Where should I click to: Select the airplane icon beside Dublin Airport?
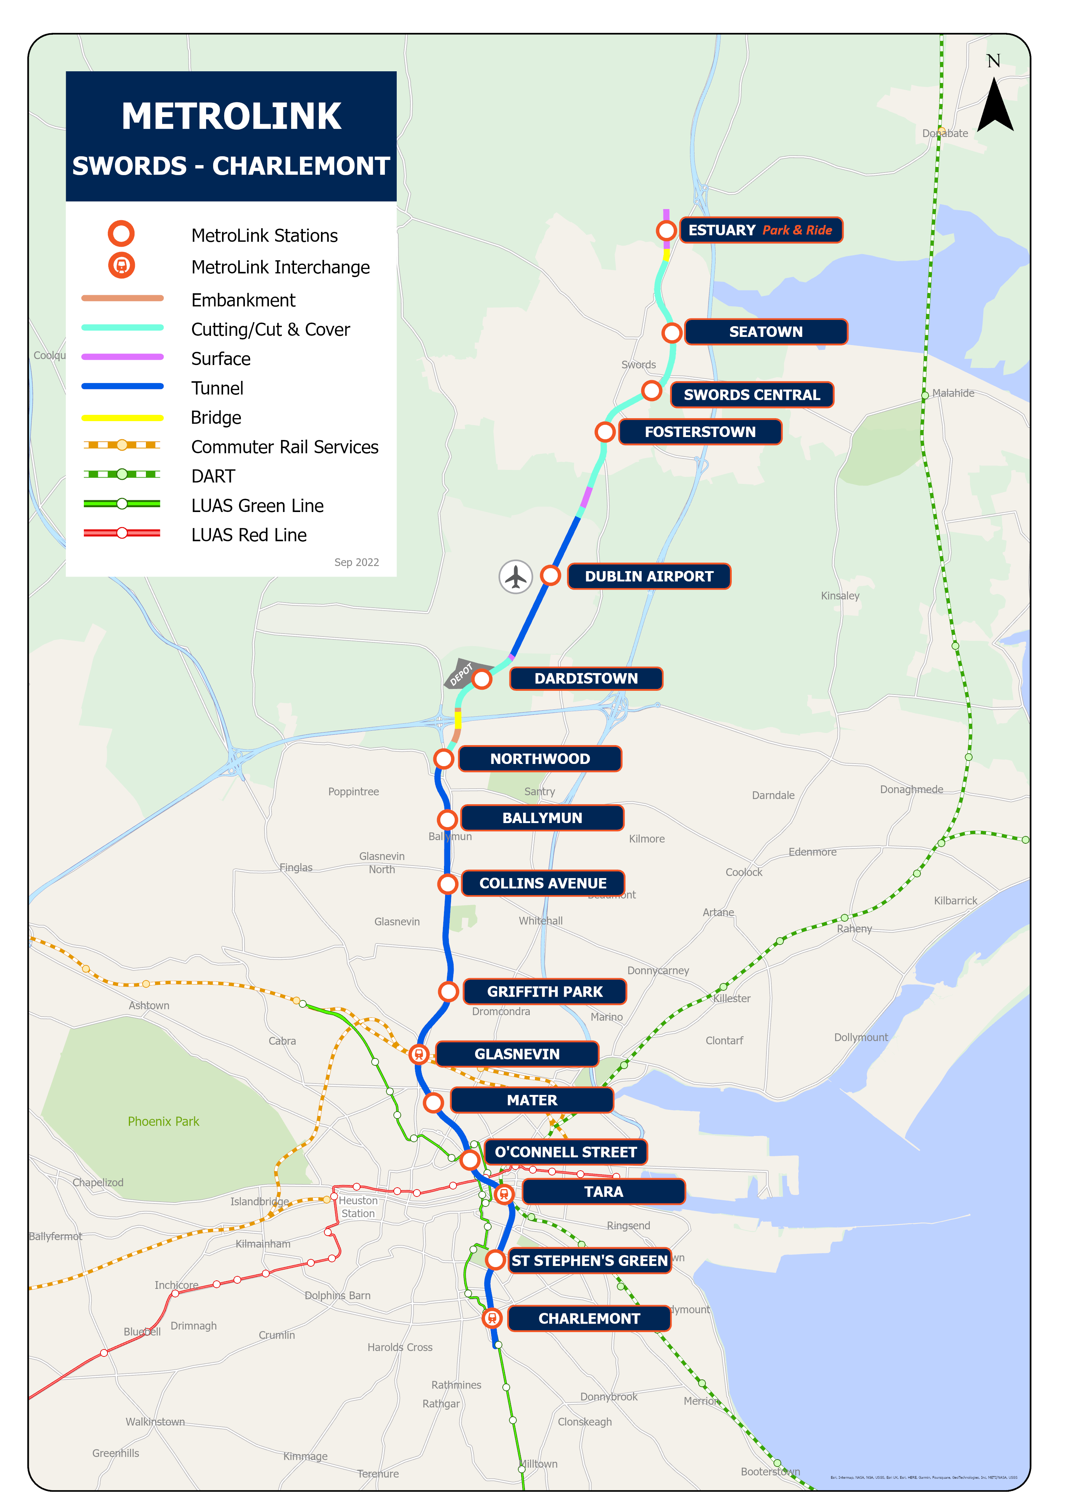[515, 577]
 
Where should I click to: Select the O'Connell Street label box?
[566, 1152]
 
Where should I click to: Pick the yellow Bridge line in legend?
[123, 417]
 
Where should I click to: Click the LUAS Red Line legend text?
[249, 535]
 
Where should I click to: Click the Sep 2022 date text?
[356, 562]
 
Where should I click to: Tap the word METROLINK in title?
[231, 117]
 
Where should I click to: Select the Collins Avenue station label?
[543, 883]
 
